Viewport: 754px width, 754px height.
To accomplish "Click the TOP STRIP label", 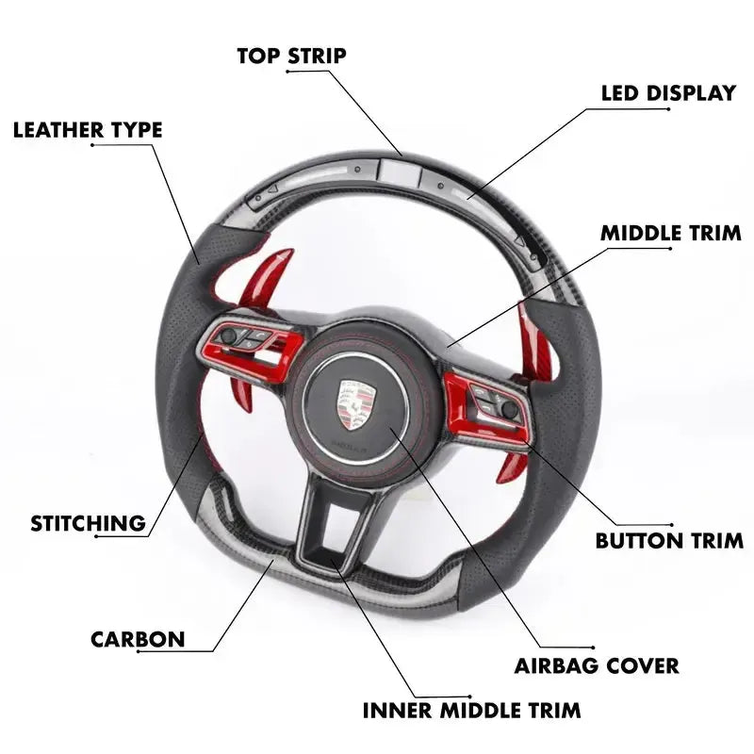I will (x=291, y=56).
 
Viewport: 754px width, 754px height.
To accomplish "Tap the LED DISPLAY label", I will (x=668, y=93).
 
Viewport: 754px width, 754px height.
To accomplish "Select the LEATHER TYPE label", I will (x=88, y=130).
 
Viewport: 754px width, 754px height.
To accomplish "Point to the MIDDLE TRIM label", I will (x=670, y=233).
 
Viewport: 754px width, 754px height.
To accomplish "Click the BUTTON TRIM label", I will (x=669, y=541).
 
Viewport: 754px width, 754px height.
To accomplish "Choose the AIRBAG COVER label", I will (x=596, y=665).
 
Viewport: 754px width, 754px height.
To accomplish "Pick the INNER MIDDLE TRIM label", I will (x=471, y=710).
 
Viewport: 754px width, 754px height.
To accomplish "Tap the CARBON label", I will (x=138, y=639).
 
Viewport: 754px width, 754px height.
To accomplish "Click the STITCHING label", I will (x=88, y=523).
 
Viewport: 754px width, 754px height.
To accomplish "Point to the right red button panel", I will (x=485, y=401).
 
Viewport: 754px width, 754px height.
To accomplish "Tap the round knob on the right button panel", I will (x=510, y=409).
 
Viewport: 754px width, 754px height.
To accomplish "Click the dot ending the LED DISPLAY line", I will (x=669, y=109).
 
